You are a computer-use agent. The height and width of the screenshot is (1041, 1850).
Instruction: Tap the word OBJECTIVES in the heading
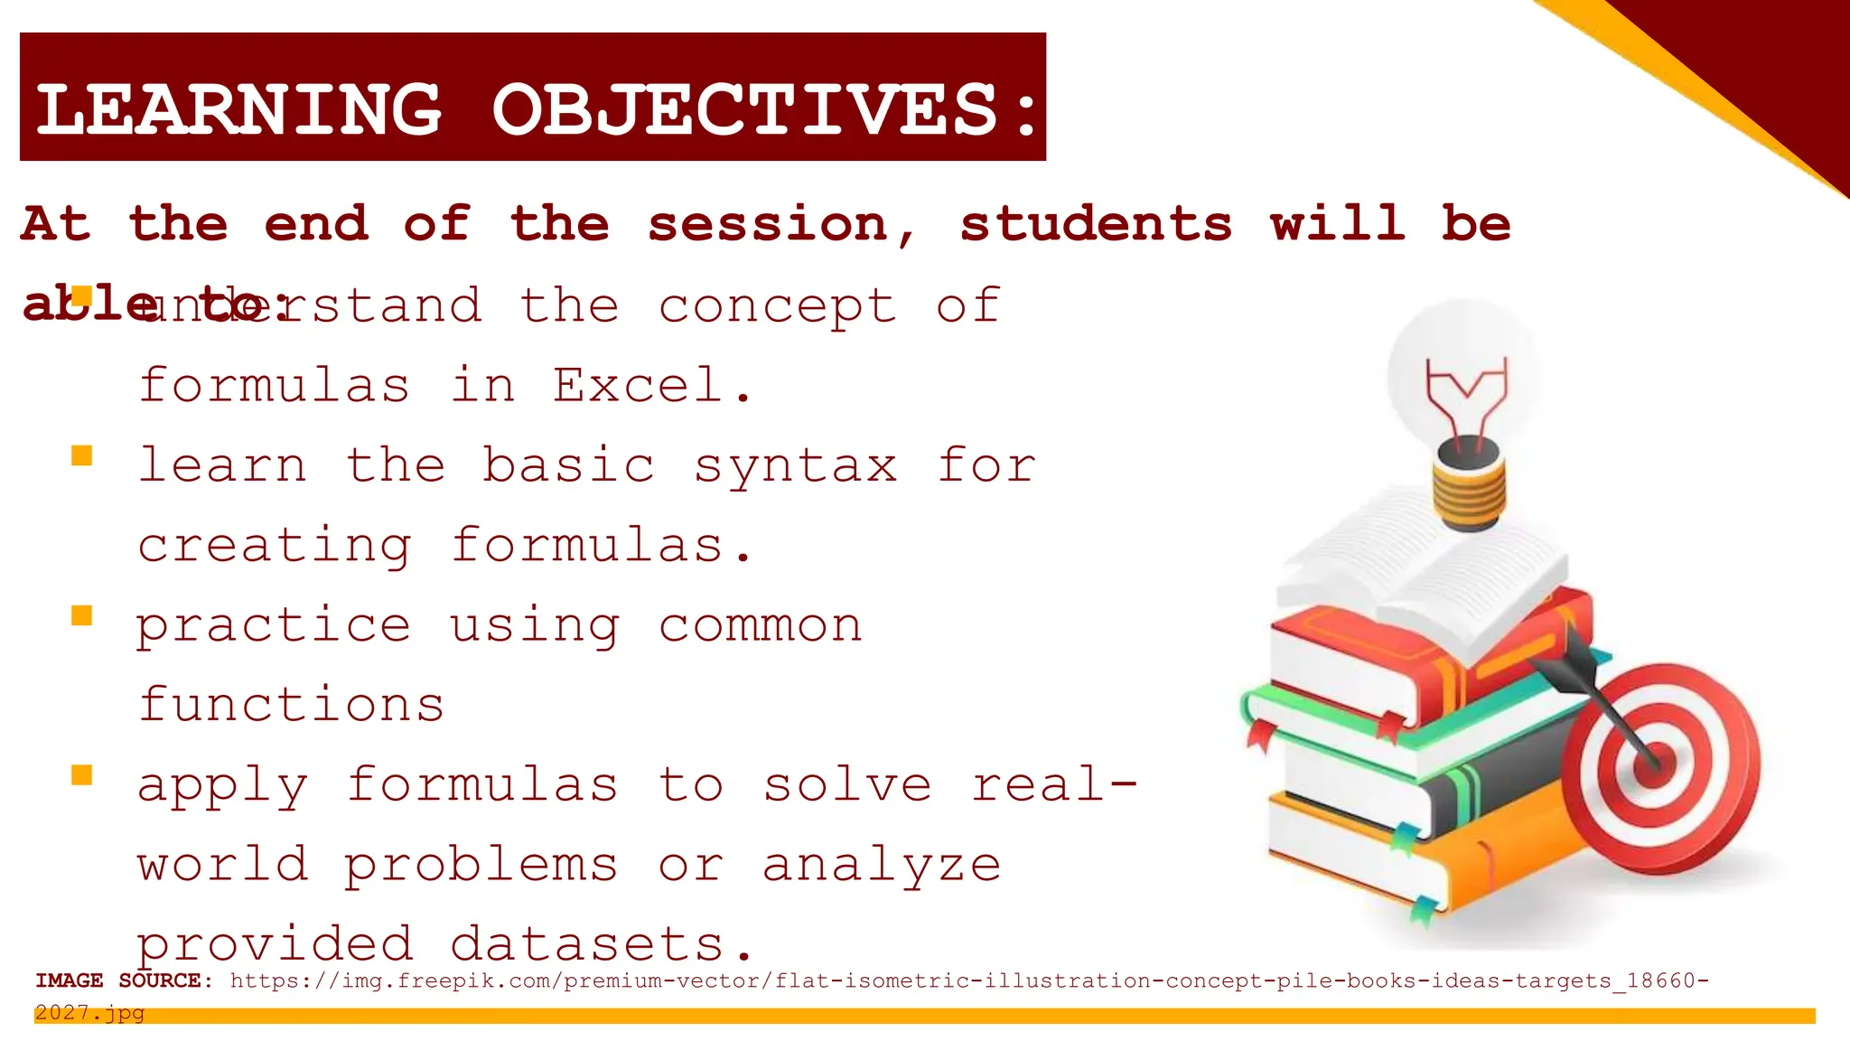[x=745, y=110]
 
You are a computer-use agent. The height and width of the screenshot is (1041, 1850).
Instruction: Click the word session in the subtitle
[x=768, y=224]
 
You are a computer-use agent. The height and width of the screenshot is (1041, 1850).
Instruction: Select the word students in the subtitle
[x=1096, y=224]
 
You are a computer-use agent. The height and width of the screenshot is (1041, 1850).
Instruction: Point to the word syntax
[x=796, y=467]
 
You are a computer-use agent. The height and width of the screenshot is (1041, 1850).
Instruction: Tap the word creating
[x=275, y=547]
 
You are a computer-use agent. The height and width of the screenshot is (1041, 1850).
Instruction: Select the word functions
[x=291, y=705]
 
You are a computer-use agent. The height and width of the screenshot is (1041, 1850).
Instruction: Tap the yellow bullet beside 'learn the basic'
[x=82, y=455]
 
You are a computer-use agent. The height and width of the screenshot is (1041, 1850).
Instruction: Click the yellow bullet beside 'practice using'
[x=82, y=616]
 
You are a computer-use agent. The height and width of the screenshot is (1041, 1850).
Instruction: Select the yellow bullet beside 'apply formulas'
[x=82, y=775]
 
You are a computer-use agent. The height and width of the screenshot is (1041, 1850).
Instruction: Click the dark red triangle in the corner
[x=1771, y=63]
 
